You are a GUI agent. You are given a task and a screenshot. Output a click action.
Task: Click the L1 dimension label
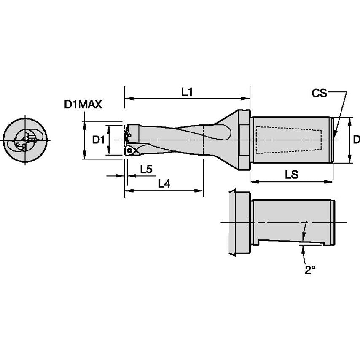[187, 92]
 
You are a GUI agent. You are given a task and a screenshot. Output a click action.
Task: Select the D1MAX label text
[83, 105]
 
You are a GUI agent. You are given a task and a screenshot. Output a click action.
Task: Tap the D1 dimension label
[98, 140]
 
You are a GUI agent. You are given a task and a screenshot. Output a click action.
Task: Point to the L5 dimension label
[146, 169]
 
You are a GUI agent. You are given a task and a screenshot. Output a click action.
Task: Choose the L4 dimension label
[164, 183]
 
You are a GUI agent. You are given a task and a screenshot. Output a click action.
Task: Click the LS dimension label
[291, 175]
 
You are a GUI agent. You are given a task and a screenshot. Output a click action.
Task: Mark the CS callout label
[319, 93]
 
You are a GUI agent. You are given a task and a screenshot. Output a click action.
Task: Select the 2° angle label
[310, 270]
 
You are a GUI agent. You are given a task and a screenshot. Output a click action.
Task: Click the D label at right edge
[356, 139]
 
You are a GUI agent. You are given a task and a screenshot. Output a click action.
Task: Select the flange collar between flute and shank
[242, 140]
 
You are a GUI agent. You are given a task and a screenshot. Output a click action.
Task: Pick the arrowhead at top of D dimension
[350, 121]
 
